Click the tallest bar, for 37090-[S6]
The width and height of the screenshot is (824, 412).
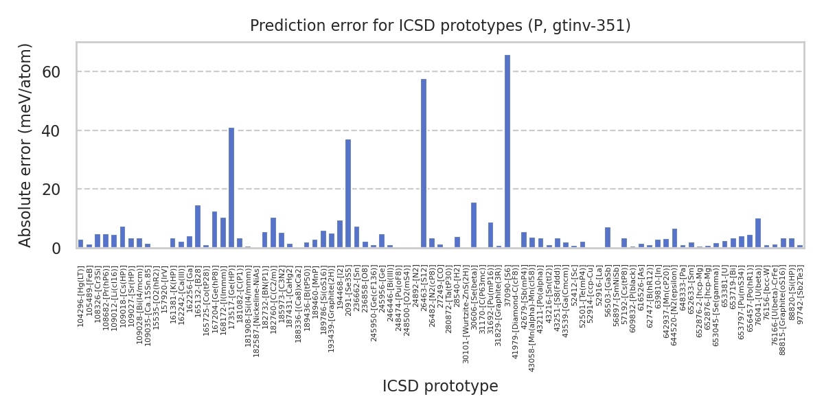point(507,151)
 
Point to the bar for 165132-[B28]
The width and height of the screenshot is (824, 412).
point(198,227)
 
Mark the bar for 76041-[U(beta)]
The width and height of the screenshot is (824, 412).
point(758,233)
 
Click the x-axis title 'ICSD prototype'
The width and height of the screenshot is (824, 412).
point(440,387)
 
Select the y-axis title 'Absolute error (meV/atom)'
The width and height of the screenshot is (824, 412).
point(26,145)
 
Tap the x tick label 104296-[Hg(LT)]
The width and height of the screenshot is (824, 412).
point(81,288)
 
